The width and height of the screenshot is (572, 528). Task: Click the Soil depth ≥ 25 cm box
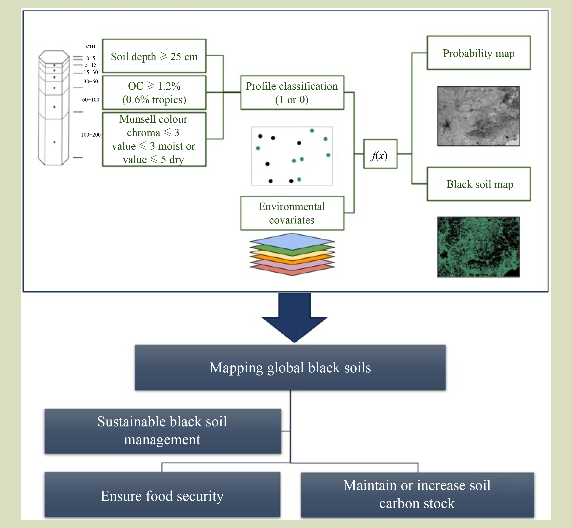coord(154,56)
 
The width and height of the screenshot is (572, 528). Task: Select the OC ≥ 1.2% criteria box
coord(154,93)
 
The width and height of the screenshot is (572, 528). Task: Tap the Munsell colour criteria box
coord(154,139)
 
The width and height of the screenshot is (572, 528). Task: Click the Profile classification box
coord(292,93)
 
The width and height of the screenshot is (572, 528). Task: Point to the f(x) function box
coord(380,154)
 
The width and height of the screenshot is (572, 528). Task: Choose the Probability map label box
coord(478,53)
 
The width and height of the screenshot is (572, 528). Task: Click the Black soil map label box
coord(478,184)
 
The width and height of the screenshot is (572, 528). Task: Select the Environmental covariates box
coord(292,213)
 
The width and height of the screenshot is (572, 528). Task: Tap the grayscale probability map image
coord(478,116)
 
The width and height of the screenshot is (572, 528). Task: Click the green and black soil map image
coord(478,247)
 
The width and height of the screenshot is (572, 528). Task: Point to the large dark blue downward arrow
coord(294,317)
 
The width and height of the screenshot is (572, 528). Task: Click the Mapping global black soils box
coord(290,367)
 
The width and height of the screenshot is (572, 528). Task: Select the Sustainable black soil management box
coord(163,431)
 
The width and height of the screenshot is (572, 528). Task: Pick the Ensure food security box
coord(162,495)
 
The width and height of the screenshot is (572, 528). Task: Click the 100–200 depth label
coord(91,135)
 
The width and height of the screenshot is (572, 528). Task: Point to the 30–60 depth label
coord(91,82)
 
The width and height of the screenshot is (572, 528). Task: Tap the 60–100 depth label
coord(91,100)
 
